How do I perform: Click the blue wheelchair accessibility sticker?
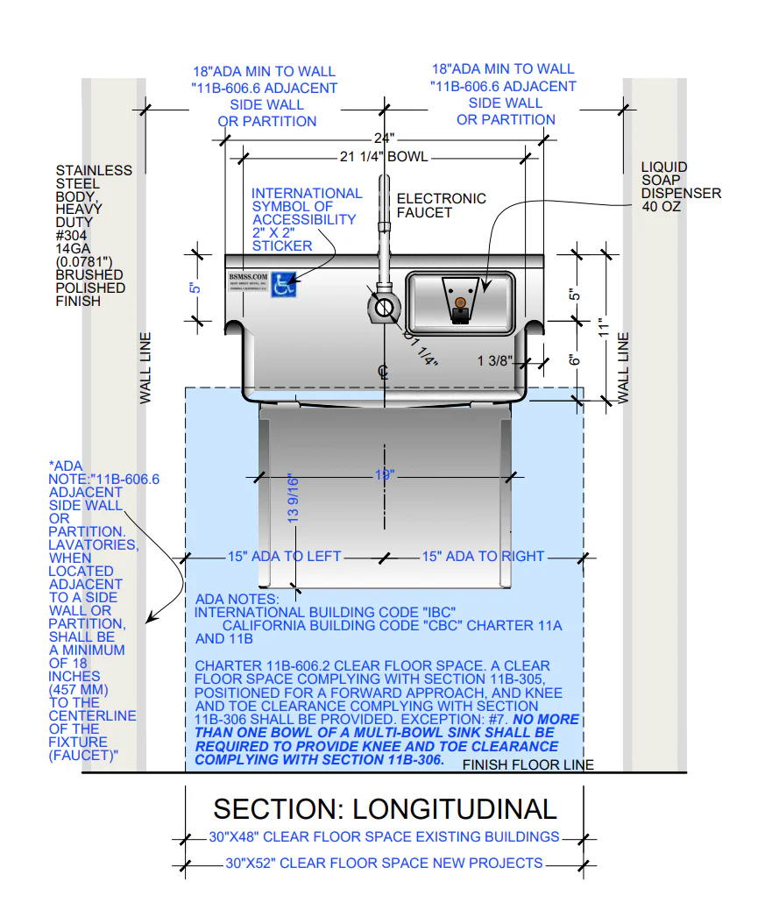click(x=283, y=285)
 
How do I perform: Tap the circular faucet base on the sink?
click(x=383, y=307)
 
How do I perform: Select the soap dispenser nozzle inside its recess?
click(x=459, y=308)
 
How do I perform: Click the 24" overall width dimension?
click(x=383, y=139)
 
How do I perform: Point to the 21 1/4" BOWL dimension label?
click(x=383, y=157)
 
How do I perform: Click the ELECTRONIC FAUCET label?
click(x=441, y=205)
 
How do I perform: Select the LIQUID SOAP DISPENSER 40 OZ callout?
click(x=680, y=187)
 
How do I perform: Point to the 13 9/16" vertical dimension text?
click(x=294, y=499)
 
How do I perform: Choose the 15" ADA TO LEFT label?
click(x=284, y=557)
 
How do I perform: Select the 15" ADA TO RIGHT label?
click(x=483, y=557)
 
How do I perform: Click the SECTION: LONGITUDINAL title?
click(x=385, y=808)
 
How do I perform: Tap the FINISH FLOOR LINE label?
click(x=528, y=765)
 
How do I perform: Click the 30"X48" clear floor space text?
click(x=384, y=837)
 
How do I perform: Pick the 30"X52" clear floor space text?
click(x=384, y=864)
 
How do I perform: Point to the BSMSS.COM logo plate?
click(x=248, y=286)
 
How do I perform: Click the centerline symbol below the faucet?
click(x=383, y=373)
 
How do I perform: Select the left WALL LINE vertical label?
click(x=145, y=367)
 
